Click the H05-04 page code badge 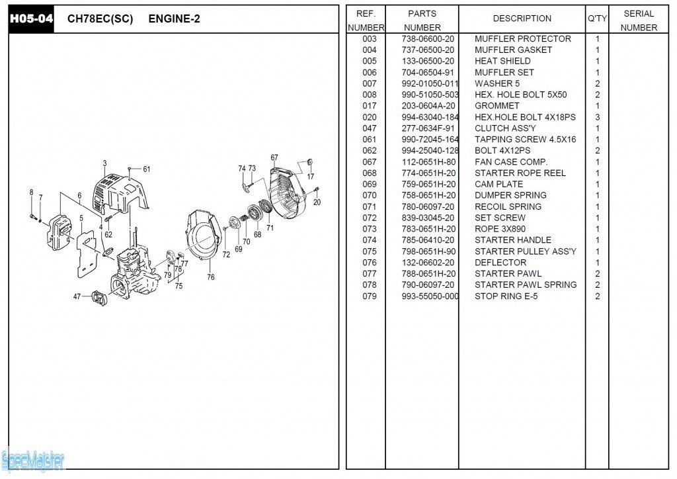point(30,19)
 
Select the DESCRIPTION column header point(522,19)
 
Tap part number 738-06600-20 point(428,39)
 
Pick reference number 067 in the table point(369,162)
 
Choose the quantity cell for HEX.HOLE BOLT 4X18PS point(597,117)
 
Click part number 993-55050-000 point(430,296)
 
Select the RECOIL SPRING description point(508,206)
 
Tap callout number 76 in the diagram point(210,277)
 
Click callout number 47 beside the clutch point(77,296)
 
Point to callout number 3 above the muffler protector point(104,163)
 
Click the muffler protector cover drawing point(119,189)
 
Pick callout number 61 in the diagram point(146,169)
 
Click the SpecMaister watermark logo point(33,460)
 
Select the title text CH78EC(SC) point(100,19)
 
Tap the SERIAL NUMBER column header point(639,21)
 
